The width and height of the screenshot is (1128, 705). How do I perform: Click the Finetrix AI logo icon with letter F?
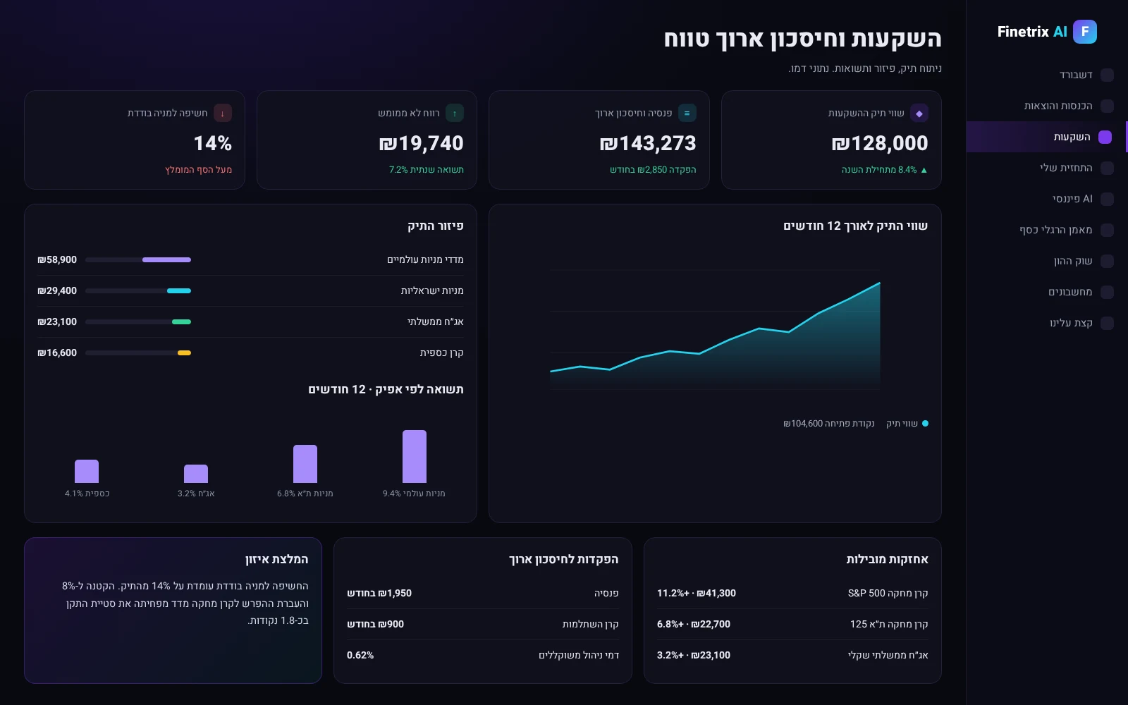click(x=1085, y=32)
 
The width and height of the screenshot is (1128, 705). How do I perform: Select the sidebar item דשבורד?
click(x=1076, y=75)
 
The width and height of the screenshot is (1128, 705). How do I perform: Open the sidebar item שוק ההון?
click(x=1073, y=261)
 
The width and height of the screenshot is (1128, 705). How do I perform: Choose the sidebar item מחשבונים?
click(x=1070, y=292)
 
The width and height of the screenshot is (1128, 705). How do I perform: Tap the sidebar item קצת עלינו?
click(x=1071, y=323)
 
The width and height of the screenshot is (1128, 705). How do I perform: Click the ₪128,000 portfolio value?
click(x=880, y=144)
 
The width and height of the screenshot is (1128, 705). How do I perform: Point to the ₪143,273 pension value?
click(x=648, y=144)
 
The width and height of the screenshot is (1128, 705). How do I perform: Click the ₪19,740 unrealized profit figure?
click(x=421, y=144)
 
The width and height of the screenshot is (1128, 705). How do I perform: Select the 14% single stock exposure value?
click(x=212, y=144)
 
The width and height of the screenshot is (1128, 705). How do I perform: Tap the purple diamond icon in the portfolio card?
click(x=919, y=114)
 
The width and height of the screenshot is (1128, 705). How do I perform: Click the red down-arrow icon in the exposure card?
click(x=223, y=114)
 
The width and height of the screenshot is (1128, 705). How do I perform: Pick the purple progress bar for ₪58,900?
click(x=166, y=260)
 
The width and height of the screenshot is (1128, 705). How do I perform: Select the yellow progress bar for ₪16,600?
click(x=184, y=353)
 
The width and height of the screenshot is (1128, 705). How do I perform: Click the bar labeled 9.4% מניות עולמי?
click(x=415, y=456)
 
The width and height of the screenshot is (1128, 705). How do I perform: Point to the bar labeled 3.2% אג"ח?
click(x=196, y=474)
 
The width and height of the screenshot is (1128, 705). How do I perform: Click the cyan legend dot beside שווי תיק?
click(x=925, y=424)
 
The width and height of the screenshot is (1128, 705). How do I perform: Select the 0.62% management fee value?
click(x=360, y=655)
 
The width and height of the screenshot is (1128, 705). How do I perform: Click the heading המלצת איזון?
click(x=276, y=560)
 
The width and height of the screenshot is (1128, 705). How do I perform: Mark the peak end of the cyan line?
click(x=880, y=283)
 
